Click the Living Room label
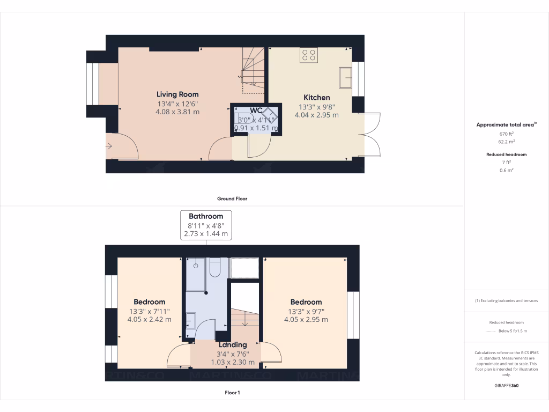pos(177,94)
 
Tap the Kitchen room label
pos(317,97)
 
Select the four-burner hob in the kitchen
pos(309,54)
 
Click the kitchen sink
pos(345,77)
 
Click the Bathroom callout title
pos(206,216)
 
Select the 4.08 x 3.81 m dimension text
pos(177,112)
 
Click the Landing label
pos(233,344)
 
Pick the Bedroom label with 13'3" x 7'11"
pos(149,302)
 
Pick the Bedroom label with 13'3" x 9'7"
pos(306,302)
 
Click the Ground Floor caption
pos(232,198)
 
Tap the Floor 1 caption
pos(232,393)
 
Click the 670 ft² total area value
pos(507,134)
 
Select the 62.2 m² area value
pos(507,142)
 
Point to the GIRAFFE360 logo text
pos(507,385)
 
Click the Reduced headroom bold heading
pos(507,154)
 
